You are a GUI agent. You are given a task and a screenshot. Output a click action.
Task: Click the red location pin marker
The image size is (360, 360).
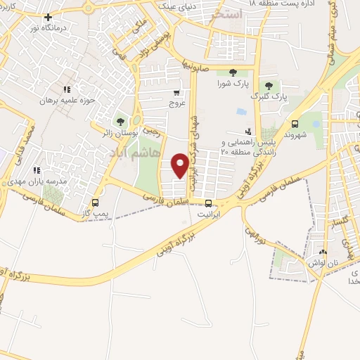pyautogui.click(x=181, y=165)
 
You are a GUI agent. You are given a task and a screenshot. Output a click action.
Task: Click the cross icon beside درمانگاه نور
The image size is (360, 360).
pyautogui.click(x=47, y=17)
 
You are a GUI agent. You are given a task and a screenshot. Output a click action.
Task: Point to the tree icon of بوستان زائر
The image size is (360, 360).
pyautogui.click(x=120, y=121)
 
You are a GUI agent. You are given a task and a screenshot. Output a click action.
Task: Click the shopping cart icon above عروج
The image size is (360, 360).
pyautogui.click(x=176, y=91)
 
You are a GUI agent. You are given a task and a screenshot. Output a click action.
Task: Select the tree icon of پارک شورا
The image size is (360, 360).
pyautogui.click(x=232, y=72)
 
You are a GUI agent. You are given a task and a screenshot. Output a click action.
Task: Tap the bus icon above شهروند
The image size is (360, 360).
pyautogui.click(x=294, y=120)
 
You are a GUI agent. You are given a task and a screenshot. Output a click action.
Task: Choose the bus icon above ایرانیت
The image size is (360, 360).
pyautogui.click(x=207, y=202)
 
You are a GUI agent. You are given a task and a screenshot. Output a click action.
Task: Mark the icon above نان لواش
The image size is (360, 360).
pyautogui.click(x=323, y=252)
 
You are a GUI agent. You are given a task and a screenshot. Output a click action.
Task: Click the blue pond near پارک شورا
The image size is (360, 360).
pyautogui.click(x=242, y=112)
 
